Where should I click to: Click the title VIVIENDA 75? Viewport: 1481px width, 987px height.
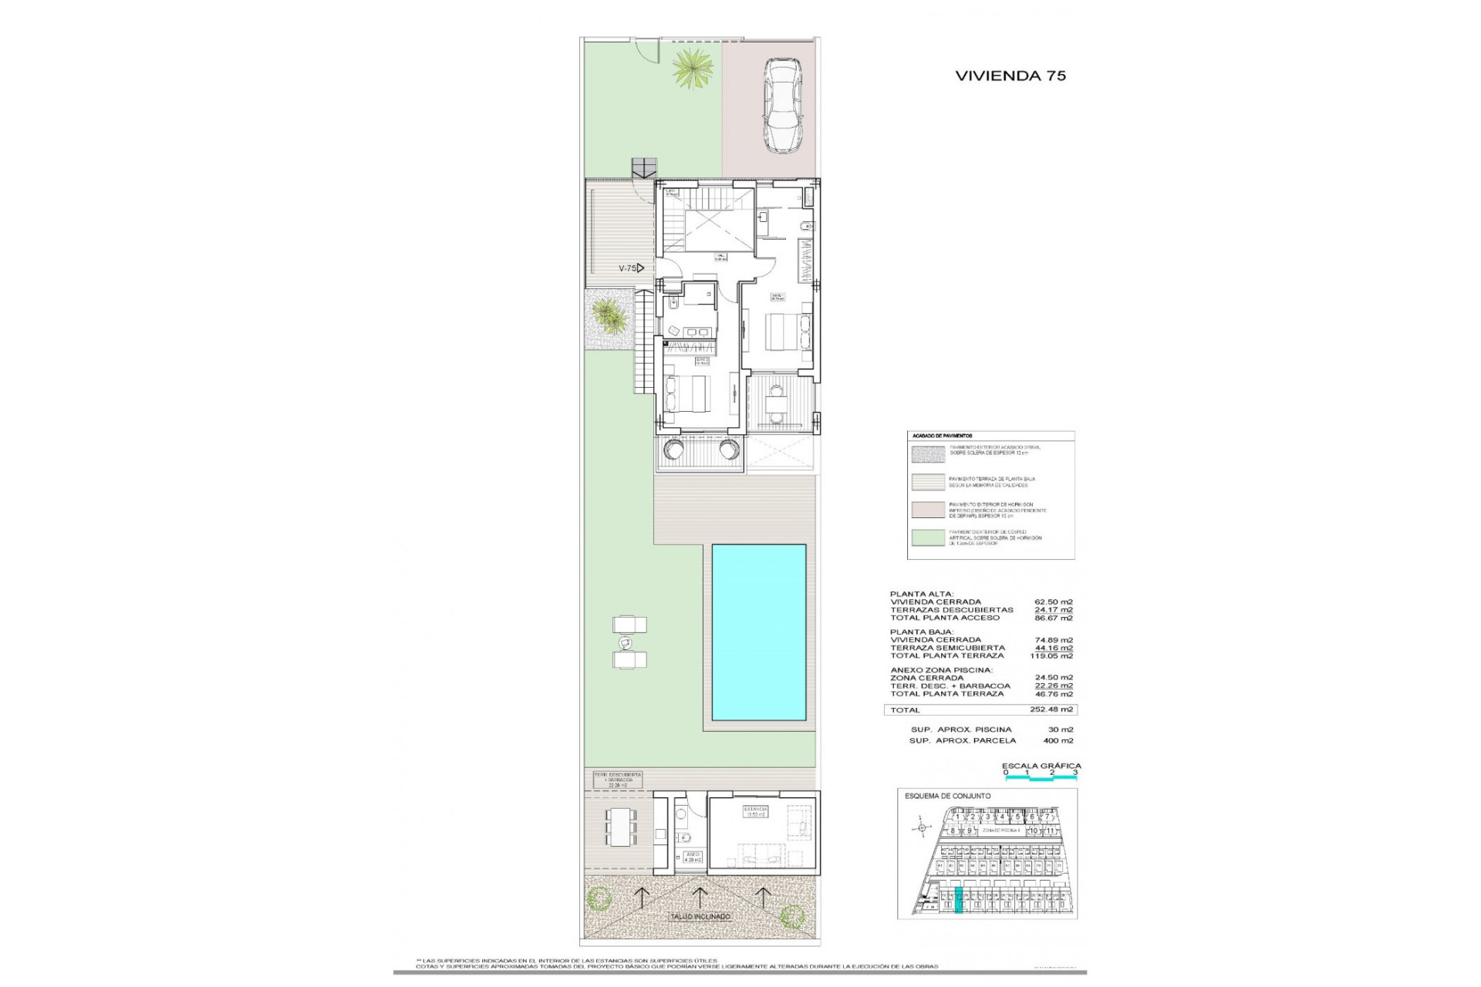(x=1010, y=76)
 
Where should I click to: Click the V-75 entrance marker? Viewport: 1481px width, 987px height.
(x=631, y=268)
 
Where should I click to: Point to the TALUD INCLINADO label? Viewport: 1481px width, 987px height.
(x=699, y=917)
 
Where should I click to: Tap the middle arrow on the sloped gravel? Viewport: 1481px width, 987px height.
(x=699, y=895)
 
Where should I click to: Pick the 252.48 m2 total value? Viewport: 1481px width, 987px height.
(x=1051, y=709)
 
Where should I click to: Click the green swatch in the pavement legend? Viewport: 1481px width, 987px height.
(x=929, y=537)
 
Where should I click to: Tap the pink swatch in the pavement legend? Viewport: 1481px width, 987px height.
(x=929, y=510)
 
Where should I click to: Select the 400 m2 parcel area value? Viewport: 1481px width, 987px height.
(x=1058, y=740)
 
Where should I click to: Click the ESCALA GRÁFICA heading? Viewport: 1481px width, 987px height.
(x=1041, y=766)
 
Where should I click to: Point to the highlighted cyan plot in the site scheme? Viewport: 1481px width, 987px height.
(x=959, y=900)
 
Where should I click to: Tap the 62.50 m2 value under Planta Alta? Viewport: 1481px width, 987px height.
(x=1053, y=602)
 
